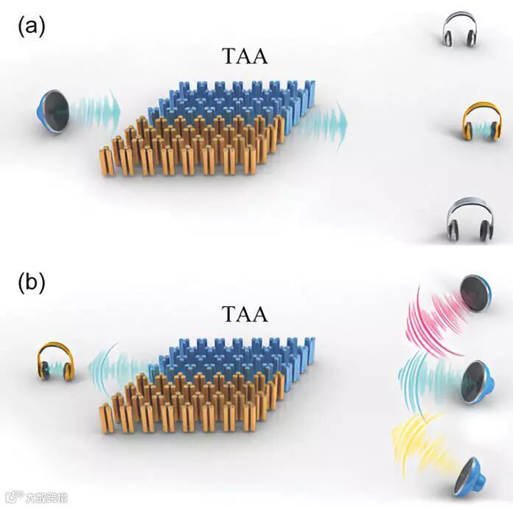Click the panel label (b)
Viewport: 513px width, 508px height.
tap(32, 281)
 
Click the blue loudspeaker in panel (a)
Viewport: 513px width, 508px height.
tap(52, 110)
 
